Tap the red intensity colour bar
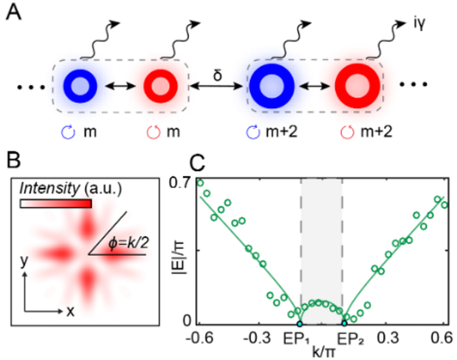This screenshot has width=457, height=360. [56, 204]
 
